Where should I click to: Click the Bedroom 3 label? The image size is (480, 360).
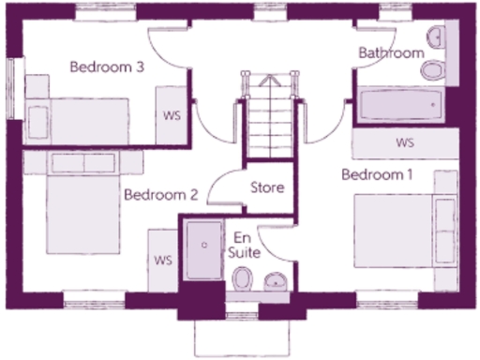click(x=107, y=67)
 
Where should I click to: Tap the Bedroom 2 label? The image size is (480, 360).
click(x=160, y=196)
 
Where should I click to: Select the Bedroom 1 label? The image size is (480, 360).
click(x=376, y=175)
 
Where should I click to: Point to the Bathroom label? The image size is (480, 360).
click(x=391, y=53)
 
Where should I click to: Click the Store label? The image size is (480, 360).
click(x=267, y=187)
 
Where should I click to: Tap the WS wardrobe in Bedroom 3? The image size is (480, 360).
click(x=172, y=116)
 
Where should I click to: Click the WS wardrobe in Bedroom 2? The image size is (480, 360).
click(x=163, y=260)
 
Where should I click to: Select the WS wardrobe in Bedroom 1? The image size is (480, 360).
click(x=405, y=143)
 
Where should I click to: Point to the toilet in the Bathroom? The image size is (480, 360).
click(x=434, y=70)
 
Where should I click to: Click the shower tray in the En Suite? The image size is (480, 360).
click(x=203, y=249)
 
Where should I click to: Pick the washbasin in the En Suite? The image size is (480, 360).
click(x=276, y=279)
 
